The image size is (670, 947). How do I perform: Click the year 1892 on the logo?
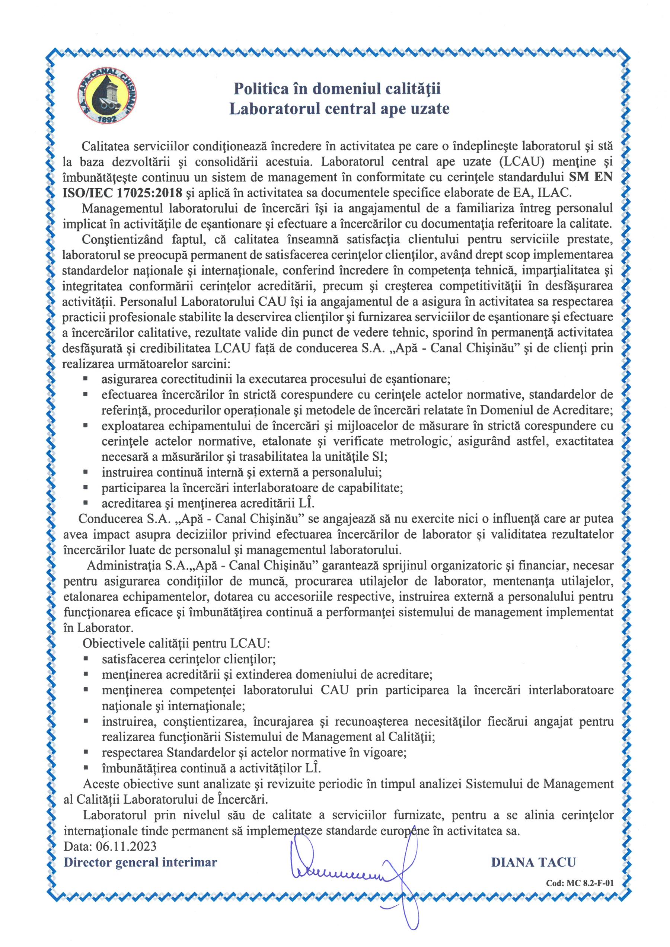[x=108, y=119]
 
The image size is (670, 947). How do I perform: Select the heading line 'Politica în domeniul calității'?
[x=337, y=89]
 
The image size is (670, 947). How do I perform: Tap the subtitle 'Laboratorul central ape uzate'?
[x=339, y=109]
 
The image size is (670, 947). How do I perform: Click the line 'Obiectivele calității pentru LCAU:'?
[x=176, y=643]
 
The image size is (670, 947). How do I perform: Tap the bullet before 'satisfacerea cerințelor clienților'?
[x=86, y=659]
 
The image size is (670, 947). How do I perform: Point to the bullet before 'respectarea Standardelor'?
[x=86, y=752]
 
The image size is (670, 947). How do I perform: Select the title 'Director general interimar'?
[x=140, y=863]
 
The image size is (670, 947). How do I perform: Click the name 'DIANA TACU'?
[x=533, y=863]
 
